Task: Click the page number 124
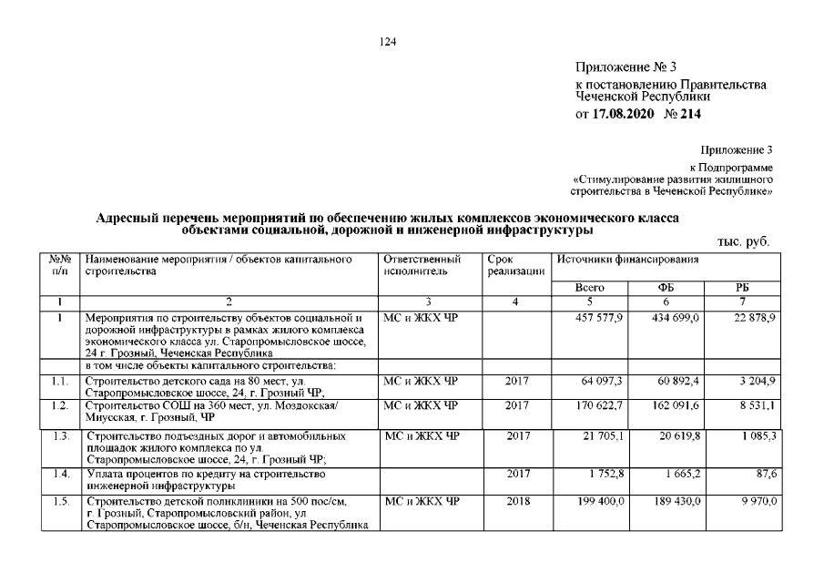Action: [x=392, y=40]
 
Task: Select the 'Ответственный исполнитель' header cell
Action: [x=415, y=266]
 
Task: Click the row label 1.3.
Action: [x=61, y=437]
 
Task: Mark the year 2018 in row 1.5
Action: [x=516, y=502]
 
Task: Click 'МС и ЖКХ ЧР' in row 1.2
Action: [x=420, y=404]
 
